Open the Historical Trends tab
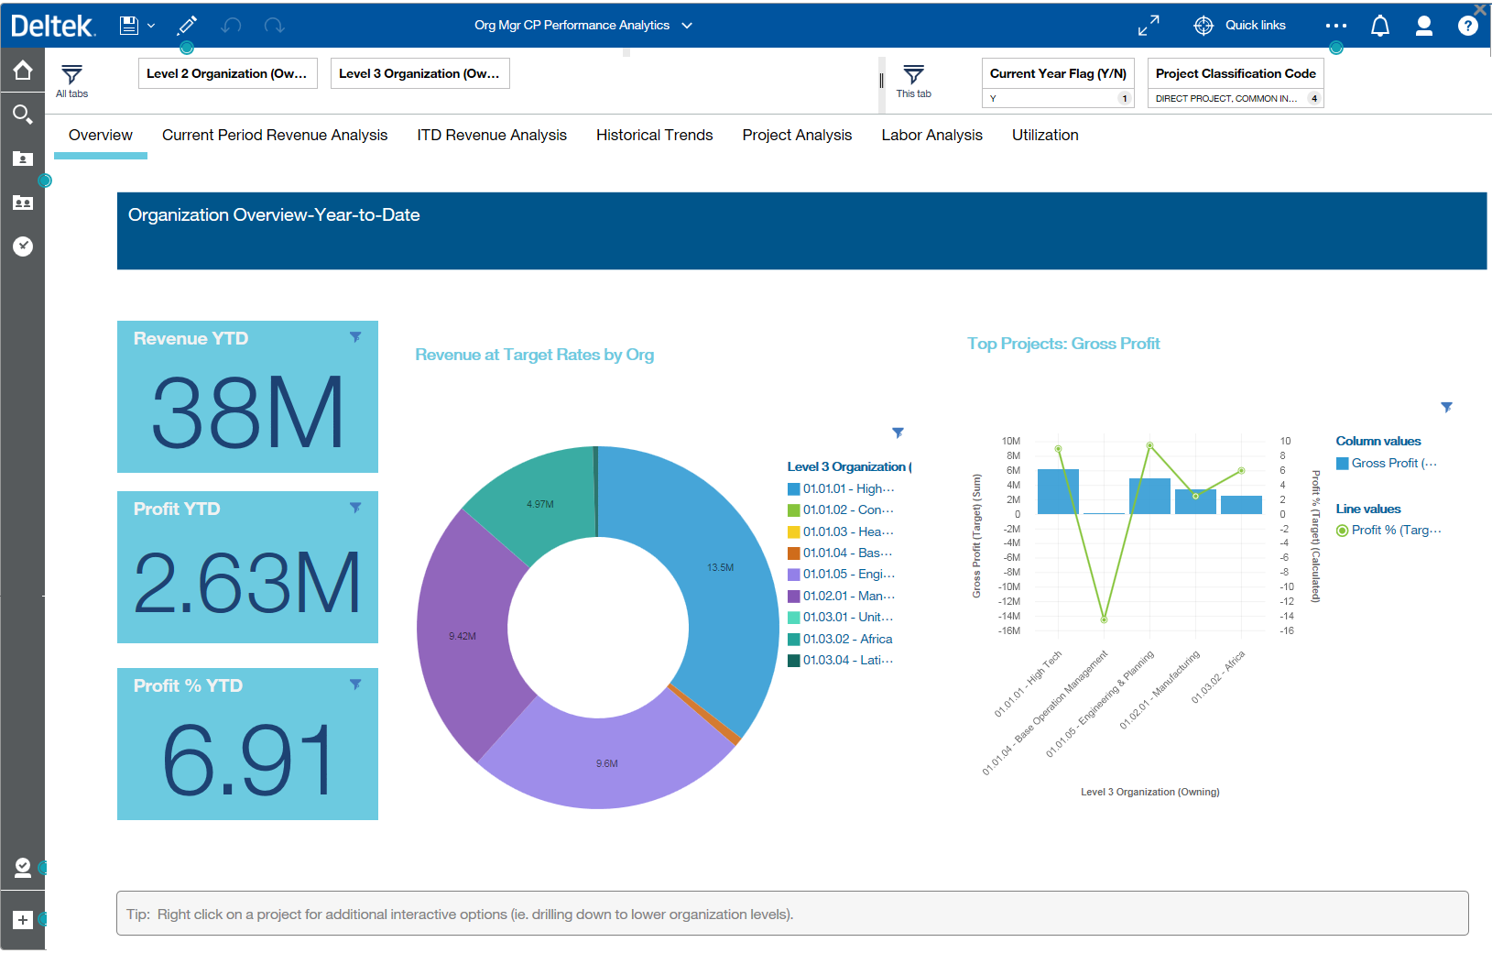click(x=654, y=135)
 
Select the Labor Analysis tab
click(x=931, y=135)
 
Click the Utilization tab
click(x=1045, y=135)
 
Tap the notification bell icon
click(x=1379, y=26)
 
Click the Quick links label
click(x=1255, y=26)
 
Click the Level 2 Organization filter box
click(x=227, y=73)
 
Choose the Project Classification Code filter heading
click(x=1235, y=73)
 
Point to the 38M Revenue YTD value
click(x=247, y=412)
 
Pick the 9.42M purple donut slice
click(x=463, y=636)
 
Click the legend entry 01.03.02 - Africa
click(x=847, y=639)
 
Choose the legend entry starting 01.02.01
click(x=847, y=596)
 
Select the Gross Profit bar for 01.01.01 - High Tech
click(x=1058, y=492)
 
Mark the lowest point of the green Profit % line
click(x=1104, y=619)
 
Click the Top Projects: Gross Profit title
click(x=1063, y=344)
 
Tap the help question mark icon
click(x=1467, y=26)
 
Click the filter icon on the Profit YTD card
click(x=355, y=508)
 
